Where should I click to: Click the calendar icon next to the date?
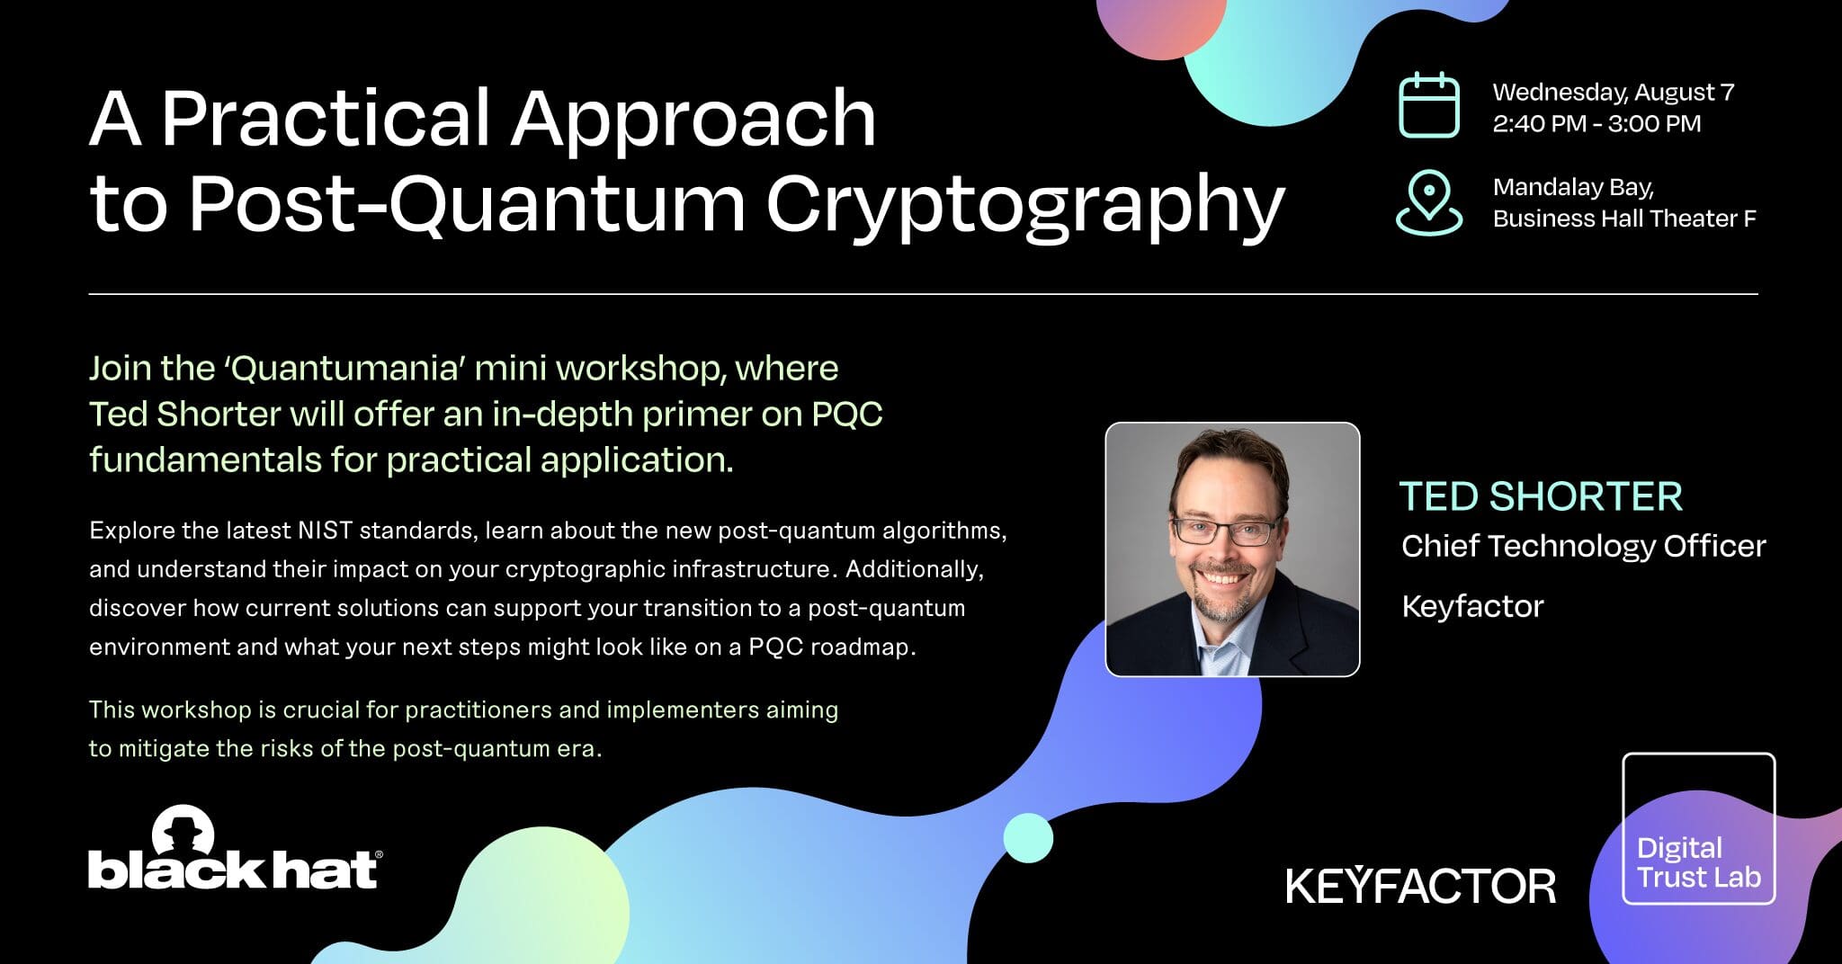pyautogui.click(x=1428, y=105)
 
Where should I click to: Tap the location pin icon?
pyautogui.click(x=1428, y=202)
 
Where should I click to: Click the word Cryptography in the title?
pyautogui.click(x=1024, y=204)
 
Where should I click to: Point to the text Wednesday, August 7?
pyautogui.click(x=1613, y=92)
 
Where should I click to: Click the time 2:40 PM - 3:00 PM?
pyautogui.click(x=1596, y=123)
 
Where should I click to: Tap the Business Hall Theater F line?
pyautogui.click(x=1623, y=219)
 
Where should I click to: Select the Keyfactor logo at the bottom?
pyautogui.click(x=1420, y=886)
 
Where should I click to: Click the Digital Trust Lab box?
pyautogui.click(x=1698, y=828)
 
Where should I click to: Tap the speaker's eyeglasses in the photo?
pyautogui.click(x=1225, y=531)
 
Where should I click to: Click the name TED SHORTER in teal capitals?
pyautogui.click(x=1540, y=496)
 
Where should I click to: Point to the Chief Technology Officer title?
pyautogui.click(x=1583, y=546)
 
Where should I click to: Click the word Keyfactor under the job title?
pyautogui.click(x=1471, y=606)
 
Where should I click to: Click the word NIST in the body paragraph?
pyautogui.click(x=324, y=531)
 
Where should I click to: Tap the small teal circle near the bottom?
pyautogui.click(x=1027, y=838)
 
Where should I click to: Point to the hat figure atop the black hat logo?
pyautogui.click(x=183, y=828)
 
